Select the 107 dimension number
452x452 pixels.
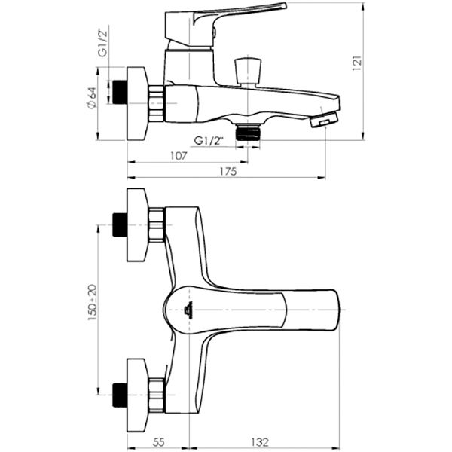[178, 156]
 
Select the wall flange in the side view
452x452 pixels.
[136, 103]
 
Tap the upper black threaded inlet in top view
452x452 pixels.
[117, 224]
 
